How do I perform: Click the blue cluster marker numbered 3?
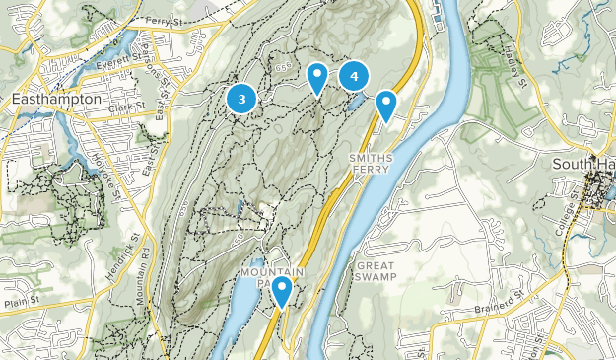click(241, 99)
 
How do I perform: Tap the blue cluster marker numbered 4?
click(354, 76)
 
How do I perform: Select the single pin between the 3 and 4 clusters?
click(317, 77)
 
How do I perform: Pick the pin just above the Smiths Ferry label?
click(386, 104)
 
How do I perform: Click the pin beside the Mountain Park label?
click(282, 291)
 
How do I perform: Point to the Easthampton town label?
click(56, 100)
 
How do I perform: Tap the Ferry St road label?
click(164, 21)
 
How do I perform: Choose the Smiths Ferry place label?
click(371, 164)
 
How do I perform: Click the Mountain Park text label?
click(268, 277)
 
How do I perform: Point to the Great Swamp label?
click(376, 271)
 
